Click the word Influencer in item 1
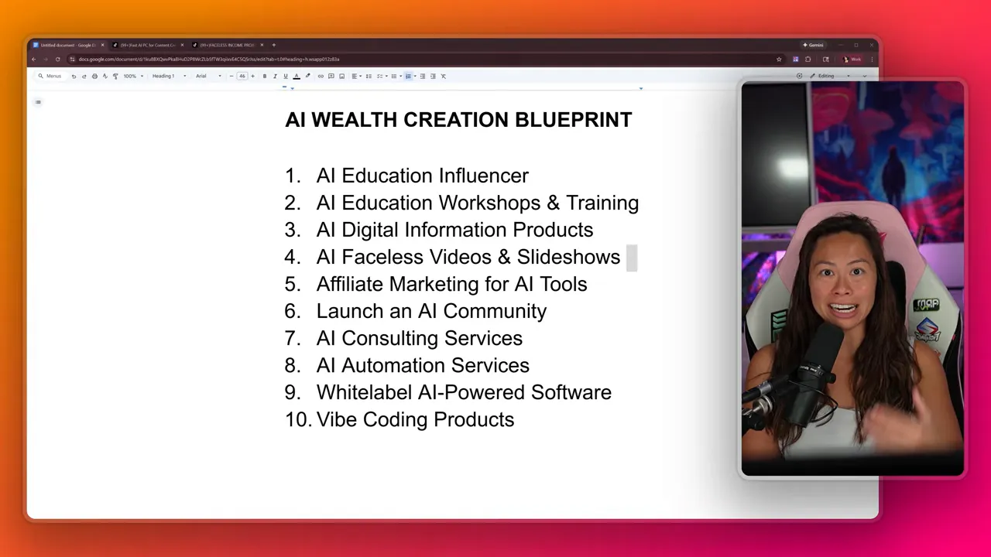coord(481,176)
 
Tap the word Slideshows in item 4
coord(568,257)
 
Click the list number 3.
coord(292,230)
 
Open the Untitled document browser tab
coord(67,45)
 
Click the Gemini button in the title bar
coord(814,45)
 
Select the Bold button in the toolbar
coord(265,76)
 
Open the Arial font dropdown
coord(207,76)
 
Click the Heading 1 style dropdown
coord(168,76)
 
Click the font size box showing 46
coord(242,76)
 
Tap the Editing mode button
coord(829,76)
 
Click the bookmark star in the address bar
coord(779,59)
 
